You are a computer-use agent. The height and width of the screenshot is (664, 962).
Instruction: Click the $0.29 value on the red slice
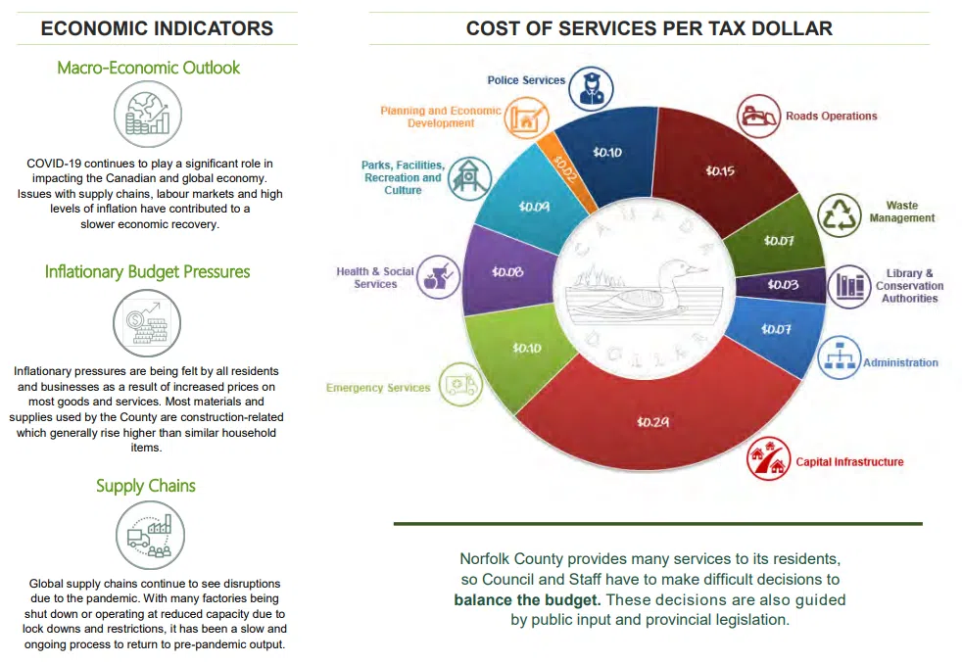(x=650, y=421)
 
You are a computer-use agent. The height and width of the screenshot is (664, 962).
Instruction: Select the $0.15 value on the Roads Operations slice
(x=720, y=170)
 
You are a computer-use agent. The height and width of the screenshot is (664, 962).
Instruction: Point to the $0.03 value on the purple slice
(x=783, y=284)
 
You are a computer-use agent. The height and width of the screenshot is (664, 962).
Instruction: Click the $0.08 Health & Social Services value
(x=507, y=271)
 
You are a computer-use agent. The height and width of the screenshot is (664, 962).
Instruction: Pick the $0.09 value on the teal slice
(x=534, y=207)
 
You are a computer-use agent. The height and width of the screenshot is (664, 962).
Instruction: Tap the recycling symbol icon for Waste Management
(x=841, y=215)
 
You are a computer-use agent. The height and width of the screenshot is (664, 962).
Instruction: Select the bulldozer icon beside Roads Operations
(x=758, y=116)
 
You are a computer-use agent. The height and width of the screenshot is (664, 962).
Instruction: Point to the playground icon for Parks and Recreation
(x=469, y=177)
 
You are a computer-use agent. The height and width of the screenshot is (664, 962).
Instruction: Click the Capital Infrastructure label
(x=849, y=461)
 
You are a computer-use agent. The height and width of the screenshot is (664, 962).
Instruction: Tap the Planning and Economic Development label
(x=440, y=118)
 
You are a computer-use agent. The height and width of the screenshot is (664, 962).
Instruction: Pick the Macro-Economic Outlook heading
(x=148, y=68)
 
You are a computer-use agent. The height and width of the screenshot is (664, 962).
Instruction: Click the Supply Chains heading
(x=146, y=486)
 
